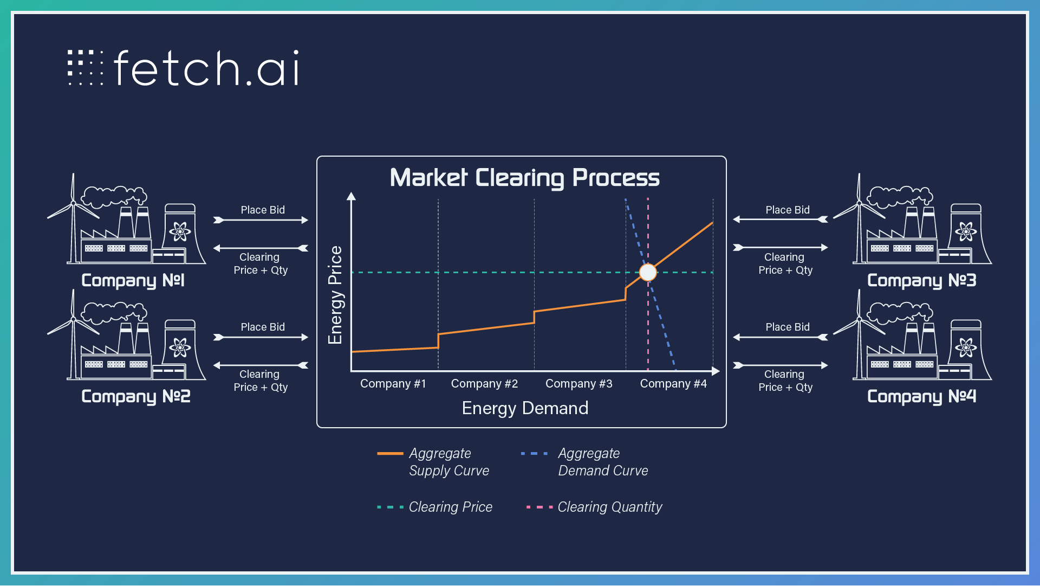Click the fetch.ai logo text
[x=206, y=68]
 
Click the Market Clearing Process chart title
[x=525, y=178]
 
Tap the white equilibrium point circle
[x=648, y=272]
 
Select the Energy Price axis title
[x=335, y=295]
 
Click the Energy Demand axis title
[x=525, y=408]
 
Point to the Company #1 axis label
[x=393, y=384]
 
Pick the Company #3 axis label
[x=579, y=384]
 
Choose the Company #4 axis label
[x=673, y=384]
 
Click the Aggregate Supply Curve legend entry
[x=433, y=462]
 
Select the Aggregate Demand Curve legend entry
[x=584, y=462]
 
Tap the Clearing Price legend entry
[x=435, y=507]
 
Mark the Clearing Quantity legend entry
[x=594, y=507]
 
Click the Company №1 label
[x=133, y=280]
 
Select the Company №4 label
[x=921, y=396]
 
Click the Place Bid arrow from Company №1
[x=261, y=220]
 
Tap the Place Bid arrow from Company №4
[x=781, y=337]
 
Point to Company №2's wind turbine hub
[x=73, y=319]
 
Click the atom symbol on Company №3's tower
[x=965, y=231]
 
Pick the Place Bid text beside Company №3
[x=788, y=210]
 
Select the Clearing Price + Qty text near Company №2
[x=261, y=381]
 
